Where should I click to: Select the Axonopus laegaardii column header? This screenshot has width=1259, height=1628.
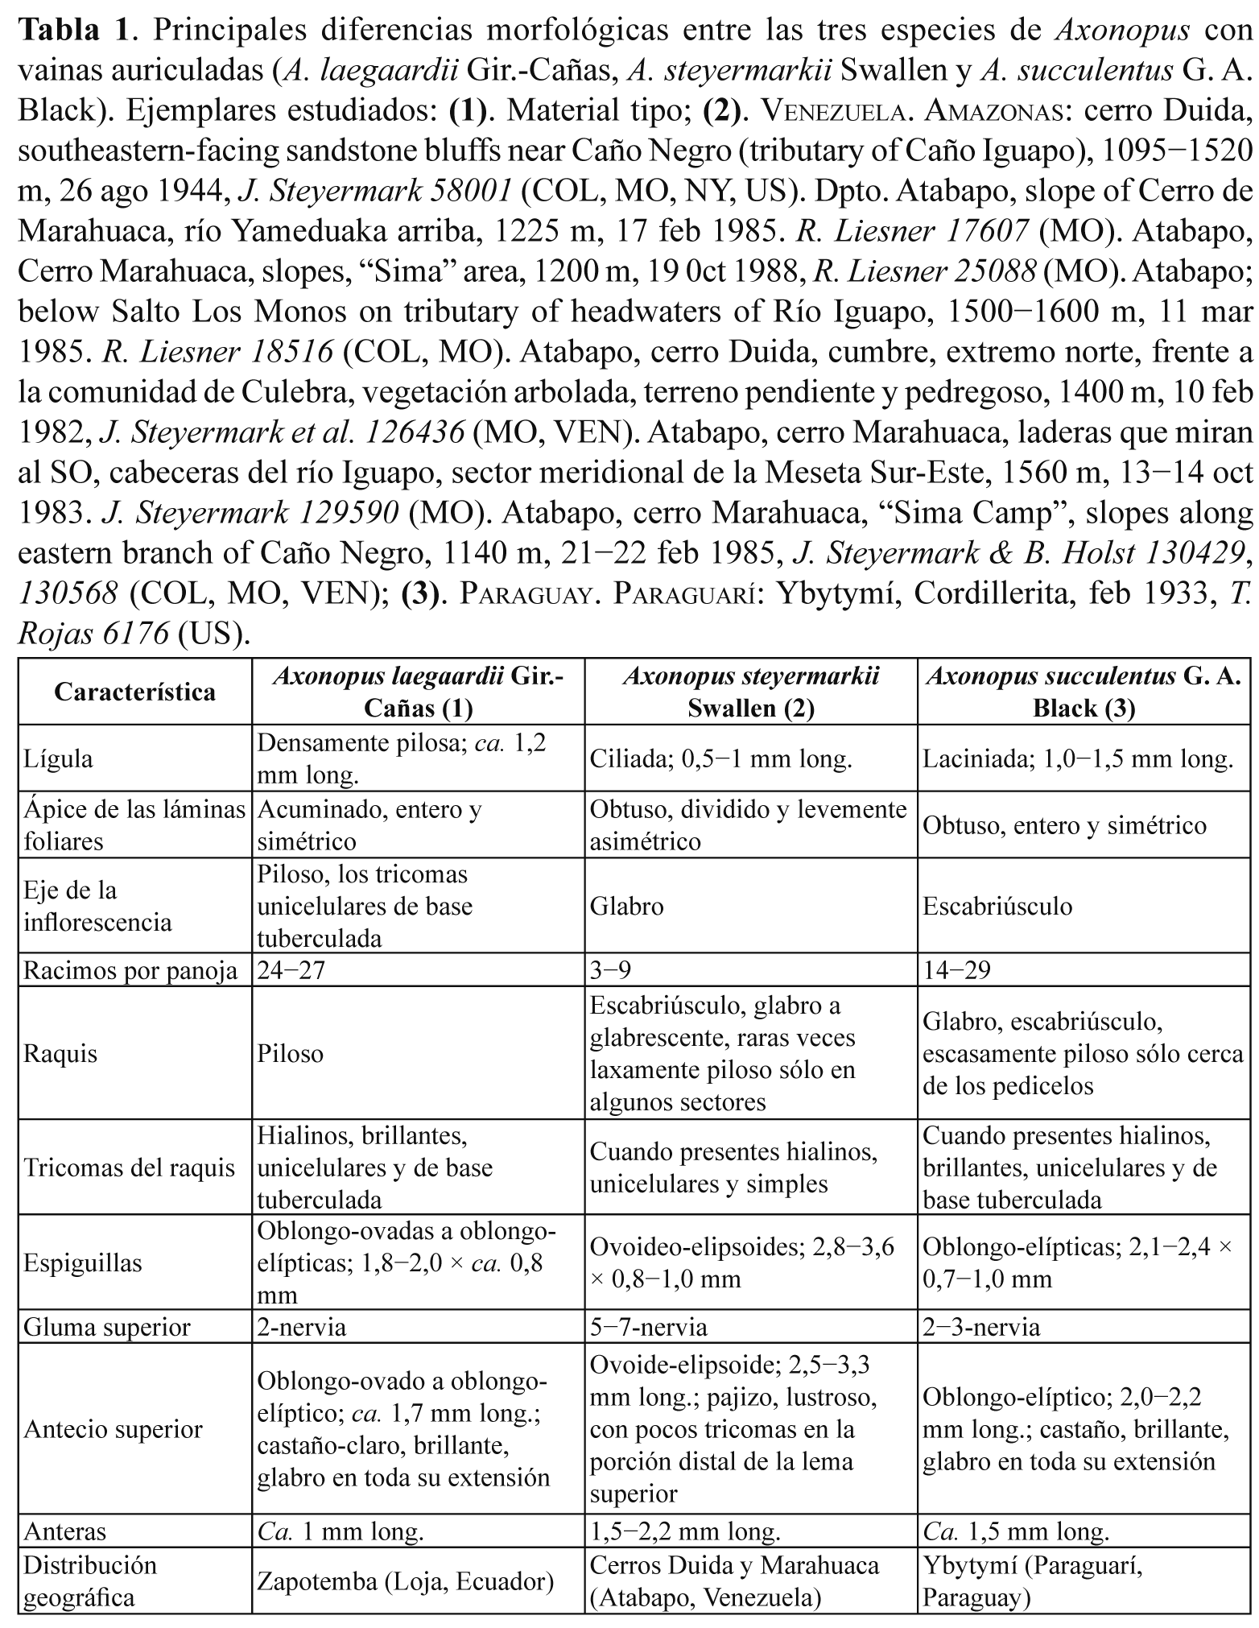pos(418,692)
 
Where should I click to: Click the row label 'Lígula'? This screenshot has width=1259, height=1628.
pos(59,759)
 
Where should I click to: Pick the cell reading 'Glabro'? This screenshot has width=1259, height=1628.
pos(627,907)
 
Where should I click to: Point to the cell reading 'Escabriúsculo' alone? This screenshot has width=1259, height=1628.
pos(997,907)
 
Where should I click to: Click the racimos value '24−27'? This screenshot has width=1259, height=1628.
pos(291,971)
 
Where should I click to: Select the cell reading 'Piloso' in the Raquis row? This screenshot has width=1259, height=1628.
pos(291,1054)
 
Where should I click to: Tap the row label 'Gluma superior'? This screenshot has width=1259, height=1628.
pos(107,1327)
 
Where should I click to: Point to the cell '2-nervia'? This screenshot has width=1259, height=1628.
pos(303,1327)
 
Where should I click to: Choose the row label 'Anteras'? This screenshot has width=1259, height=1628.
pos(64,1531)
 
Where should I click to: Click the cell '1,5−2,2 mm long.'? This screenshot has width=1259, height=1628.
pos(685,1531)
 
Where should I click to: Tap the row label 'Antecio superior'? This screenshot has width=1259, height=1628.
pos(114,1429)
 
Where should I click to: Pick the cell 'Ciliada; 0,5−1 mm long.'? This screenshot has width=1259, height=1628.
pos(720,759)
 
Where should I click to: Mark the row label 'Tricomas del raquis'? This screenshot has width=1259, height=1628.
pos(130,1167)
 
